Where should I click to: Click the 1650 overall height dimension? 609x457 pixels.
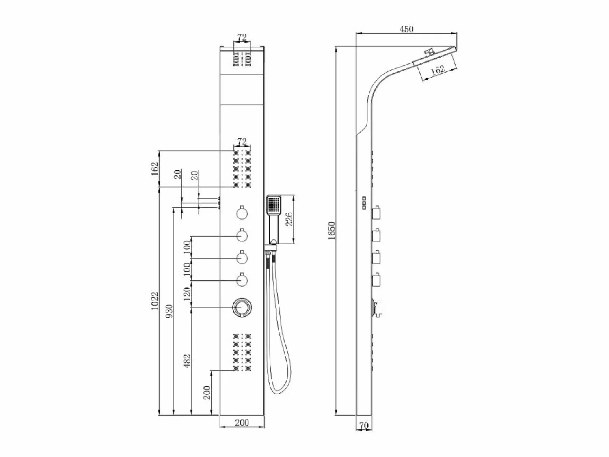pyautogui.click(x=332, y=231)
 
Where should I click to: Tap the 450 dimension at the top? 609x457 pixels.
pyautogui.click(x=406, y=29)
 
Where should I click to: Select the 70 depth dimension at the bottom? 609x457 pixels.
pyautogui.click(x=364, y=425)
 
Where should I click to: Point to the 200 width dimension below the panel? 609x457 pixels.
pyautogui.click(x=242, y=423)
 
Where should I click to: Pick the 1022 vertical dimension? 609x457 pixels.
pyautogui.click(x=155, y=301)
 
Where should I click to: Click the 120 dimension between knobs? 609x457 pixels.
pyautogui.click(x=187, y=294)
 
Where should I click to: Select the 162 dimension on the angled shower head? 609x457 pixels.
pyautogui.click(x=438, y=69)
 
